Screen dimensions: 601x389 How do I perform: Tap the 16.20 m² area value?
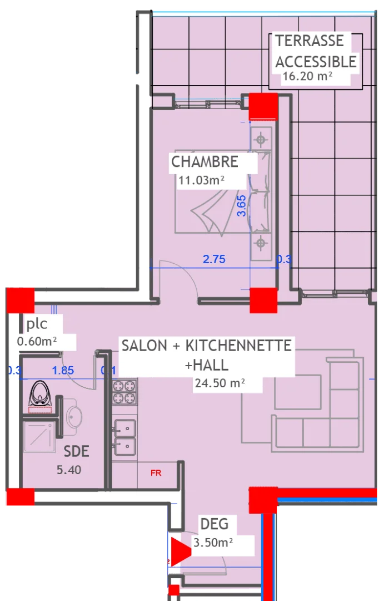pyautogui.click(x=307, y=76)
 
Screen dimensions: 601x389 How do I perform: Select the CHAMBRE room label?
pyautogui.click(x=205, y=162)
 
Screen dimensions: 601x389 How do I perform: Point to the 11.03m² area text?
pyautogui.click(x=201, y=180)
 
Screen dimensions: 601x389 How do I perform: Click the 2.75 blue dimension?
pyautogui.click(x=214, y=259)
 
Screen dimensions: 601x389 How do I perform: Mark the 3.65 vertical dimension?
pyautogui.click(x=241, y=205)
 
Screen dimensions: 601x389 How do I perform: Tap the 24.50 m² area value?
pyautogui.click(x=220, y=383)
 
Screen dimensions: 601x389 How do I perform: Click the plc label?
pyautogui.click(x=37, y=324)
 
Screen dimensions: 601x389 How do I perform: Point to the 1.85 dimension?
pyautogui.click(x=63, y=370)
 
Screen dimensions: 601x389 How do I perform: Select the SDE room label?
pyautogui.click(x=76, y=451)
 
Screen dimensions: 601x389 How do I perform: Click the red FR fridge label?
pyautogui.click(x=156, y=473)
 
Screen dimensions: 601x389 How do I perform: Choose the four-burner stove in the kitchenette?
pyautogui.click(x=125, y=391)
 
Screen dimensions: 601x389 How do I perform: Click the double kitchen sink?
pyautogui.click(x=124, y=437)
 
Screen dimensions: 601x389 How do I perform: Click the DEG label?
pyautogui.click(x=215, y=524)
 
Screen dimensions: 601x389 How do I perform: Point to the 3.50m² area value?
pyautogui.click(x=212, y=541)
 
